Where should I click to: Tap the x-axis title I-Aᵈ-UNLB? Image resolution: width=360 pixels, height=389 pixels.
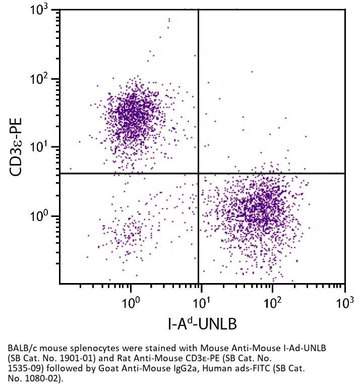click(202, 323)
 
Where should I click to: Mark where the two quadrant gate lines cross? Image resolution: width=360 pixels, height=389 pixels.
click(198, 174)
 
